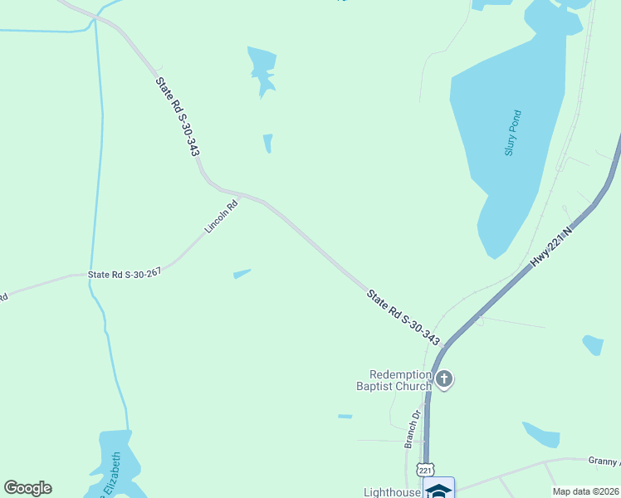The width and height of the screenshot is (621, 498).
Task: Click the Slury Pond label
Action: tap(512, 133)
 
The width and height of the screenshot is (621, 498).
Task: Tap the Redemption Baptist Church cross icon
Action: tap(444, 380)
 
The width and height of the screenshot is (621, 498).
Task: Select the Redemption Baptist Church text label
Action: tap(394, 380)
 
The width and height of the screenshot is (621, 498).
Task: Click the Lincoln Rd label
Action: tap(222, 216)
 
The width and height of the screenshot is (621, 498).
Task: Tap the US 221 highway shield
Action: tap(426, 470)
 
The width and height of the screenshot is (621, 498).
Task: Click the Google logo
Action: tap(27, 488)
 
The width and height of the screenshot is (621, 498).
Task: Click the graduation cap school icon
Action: tap(438, 490)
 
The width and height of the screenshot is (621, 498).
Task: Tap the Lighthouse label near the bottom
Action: tap(392, 491)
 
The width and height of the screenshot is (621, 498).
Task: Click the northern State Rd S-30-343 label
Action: tap(177, 116)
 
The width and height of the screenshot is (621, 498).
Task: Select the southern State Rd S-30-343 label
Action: tap(403, 315)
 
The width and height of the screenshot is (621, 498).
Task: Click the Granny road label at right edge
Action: tap(605, 461)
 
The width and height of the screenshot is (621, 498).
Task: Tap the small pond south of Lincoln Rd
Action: tap(242, 273)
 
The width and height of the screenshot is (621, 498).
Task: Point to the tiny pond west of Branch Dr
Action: tap(345, 416)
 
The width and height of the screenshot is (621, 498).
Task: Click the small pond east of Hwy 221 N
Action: tap(593, 344)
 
